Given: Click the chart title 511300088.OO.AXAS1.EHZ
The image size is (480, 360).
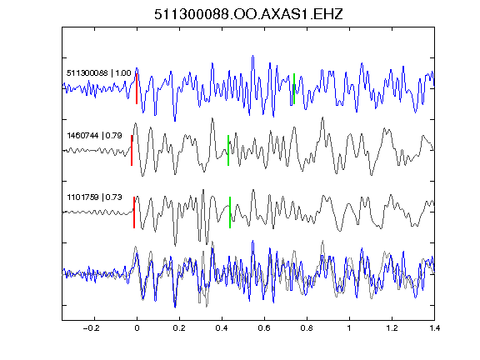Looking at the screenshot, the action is point(248,14).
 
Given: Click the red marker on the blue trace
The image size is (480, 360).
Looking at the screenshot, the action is point(137,89).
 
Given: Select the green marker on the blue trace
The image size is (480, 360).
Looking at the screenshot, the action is point(294,89).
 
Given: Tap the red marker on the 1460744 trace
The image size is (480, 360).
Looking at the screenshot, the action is point(132,150).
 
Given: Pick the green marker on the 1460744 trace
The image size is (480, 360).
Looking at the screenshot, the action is point(228,150).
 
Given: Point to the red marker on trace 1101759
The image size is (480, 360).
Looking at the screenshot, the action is point(134,212).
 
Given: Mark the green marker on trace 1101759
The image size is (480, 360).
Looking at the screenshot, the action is point(230,212).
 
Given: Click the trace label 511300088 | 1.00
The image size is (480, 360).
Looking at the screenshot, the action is point(99,73).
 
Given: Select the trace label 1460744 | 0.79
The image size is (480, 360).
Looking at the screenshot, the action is point(95,135).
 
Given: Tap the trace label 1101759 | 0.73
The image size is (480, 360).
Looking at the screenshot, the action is point(95,197).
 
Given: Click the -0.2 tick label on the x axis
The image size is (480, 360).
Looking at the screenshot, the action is point(91,328).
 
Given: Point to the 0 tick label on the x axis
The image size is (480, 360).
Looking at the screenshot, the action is point(137,328).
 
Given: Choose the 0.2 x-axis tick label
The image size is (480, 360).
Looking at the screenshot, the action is point(179,328).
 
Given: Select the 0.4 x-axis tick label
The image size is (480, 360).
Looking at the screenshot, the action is point(222,328).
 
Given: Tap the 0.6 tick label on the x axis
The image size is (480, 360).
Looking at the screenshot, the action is point(264,328).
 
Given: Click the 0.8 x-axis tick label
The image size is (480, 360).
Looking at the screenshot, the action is point(307,328).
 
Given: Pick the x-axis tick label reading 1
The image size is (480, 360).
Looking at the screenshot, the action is point(349,328).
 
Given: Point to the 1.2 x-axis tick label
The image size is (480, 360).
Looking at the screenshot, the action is point(392,328).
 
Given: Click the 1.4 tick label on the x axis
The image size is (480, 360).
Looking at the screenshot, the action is point(434,328).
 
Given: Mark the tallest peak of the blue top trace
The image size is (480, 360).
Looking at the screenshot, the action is point(252,56).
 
